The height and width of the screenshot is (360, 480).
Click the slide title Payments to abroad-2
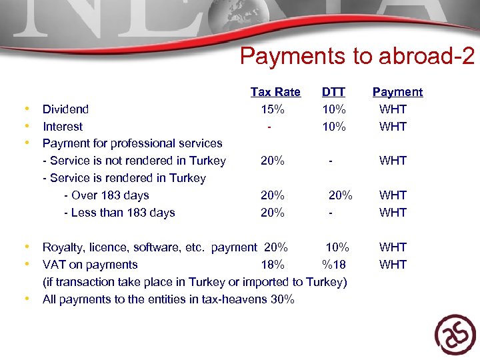coord(357,57)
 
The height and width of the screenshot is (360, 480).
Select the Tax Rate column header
coord(275,92)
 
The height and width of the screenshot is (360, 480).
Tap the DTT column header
coord(333,92)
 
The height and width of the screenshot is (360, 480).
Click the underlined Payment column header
coord(397,92)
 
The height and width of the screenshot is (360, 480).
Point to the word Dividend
coord(65,109)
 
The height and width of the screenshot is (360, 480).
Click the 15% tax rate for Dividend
coord(273,109)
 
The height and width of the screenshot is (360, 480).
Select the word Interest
coord(63,127)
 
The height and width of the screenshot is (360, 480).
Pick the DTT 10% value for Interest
coord(333,127)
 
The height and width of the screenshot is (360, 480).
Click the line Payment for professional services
coord(132,143)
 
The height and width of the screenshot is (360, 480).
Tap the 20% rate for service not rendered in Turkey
coord(273,161)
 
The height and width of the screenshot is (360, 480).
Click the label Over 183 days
coord(107,195)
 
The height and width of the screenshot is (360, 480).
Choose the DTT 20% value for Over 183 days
coord(341,195)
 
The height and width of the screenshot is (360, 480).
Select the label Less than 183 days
coord(119,213)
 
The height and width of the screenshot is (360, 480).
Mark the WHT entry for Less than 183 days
coord(393,213)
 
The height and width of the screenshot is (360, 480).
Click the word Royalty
coord(61,247)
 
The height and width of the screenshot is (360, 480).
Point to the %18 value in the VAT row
coord(333,265)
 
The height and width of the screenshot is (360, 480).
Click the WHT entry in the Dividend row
coord(393,109)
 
